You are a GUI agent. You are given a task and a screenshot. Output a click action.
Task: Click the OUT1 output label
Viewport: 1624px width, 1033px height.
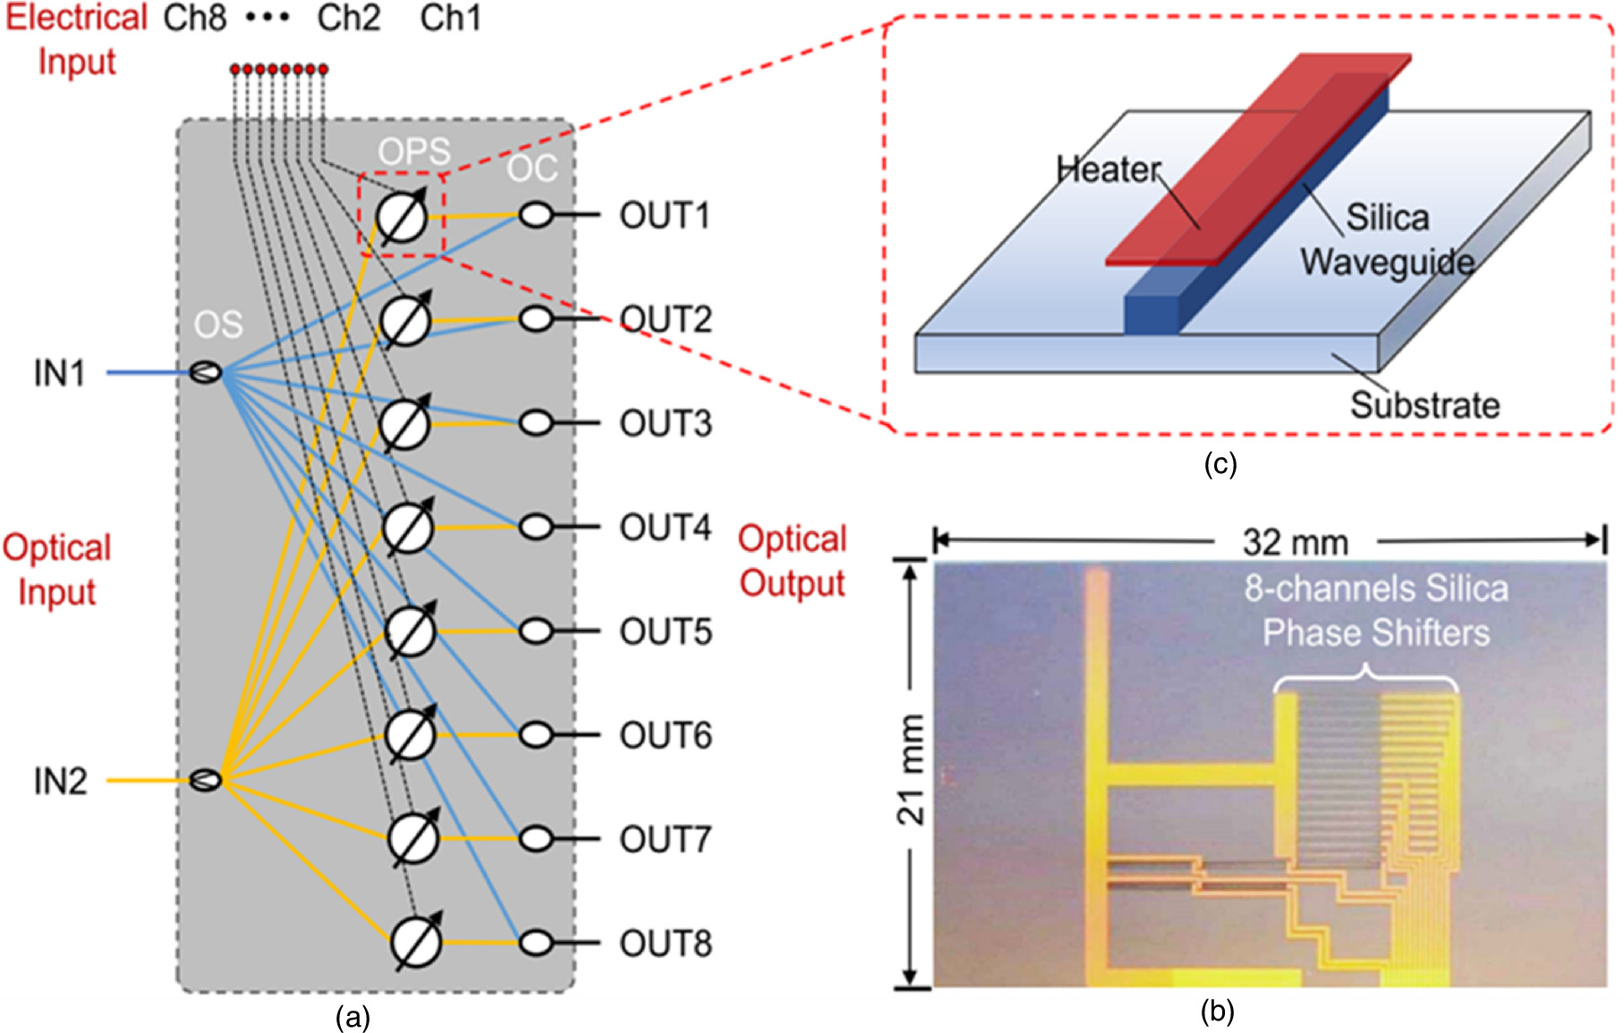tap(664, 216)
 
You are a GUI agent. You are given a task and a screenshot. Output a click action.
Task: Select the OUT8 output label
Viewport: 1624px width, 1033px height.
tap(665, 944)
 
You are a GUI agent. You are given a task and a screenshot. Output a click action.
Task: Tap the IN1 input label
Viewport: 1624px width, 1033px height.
tap(59, 373)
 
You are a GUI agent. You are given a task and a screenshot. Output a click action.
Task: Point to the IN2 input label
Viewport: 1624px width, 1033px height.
tap(60, 781)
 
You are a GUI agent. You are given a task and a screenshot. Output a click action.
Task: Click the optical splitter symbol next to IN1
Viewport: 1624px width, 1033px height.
tap(206, 372)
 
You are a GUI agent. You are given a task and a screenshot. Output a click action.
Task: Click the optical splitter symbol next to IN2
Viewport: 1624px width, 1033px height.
tap(206, 780)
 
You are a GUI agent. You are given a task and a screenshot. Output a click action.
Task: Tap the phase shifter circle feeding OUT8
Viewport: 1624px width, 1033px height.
tap(416, 942)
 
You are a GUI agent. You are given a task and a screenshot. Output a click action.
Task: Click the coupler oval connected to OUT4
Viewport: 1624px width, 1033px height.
tap(536, 527)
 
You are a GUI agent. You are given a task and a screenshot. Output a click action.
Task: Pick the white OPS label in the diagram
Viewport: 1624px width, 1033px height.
tap(413, 151)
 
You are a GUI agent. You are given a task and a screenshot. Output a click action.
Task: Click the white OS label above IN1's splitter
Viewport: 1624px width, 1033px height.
tap(218, 324)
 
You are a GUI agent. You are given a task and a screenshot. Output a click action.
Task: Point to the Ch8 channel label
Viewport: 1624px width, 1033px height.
tap(194, 18)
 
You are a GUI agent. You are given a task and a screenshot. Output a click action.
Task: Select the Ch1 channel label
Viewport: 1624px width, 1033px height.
tap(450, 18)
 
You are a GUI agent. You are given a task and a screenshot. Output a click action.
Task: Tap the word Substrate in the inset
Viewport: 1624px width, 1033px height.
tap(1424, 405)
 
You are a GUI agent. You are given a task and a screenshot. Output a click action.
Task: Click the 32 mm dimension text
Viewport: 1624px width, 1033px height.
tap(1295, 542)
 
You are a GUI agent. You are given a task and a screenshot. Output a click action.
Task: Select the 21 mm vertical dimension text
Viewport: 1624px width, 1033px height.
tap(911, 769)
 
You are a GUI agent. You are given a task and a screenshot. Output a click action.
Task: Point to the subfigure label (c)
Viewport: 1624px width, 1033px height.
tap(1220, 463)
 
